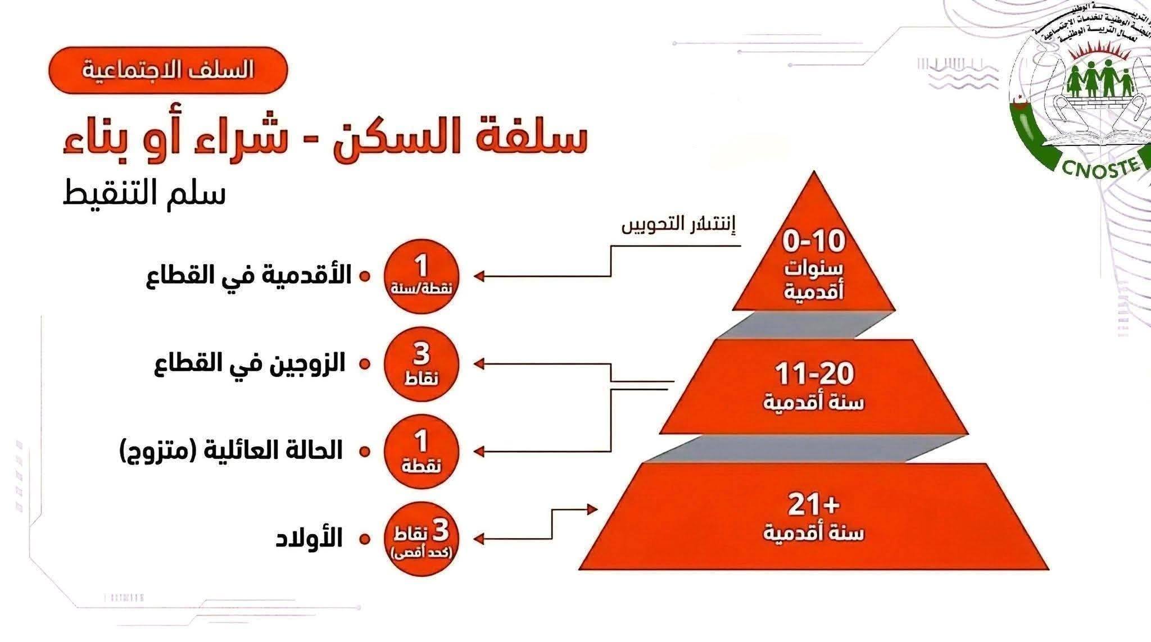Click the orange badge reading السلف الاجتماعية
(x=168, y=70)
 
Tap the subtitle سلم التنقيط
(x=144, y=194)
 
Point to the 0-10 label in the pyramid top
(x=814, y=242)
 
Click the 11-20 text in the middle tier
(x=814, y=373)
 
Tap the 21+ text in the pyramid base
(x=813, y=504)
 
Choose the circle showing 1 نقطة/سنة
(x=422, y=276)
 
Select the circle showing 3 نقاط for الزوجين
(x=422, y=364)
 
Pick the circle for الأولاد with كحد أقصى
(x=422, y=539)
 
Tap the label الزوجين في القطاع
(x=250, y=364)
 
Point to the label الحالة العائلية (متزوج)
(x=231, y=451)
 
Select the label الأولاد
(x=309, y=539)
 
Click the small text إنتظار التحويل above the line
(x=678, y=226)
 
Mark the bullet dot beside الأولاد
(x=365, y=539)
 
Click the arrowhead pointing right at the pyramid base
(x=591, y=509)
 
